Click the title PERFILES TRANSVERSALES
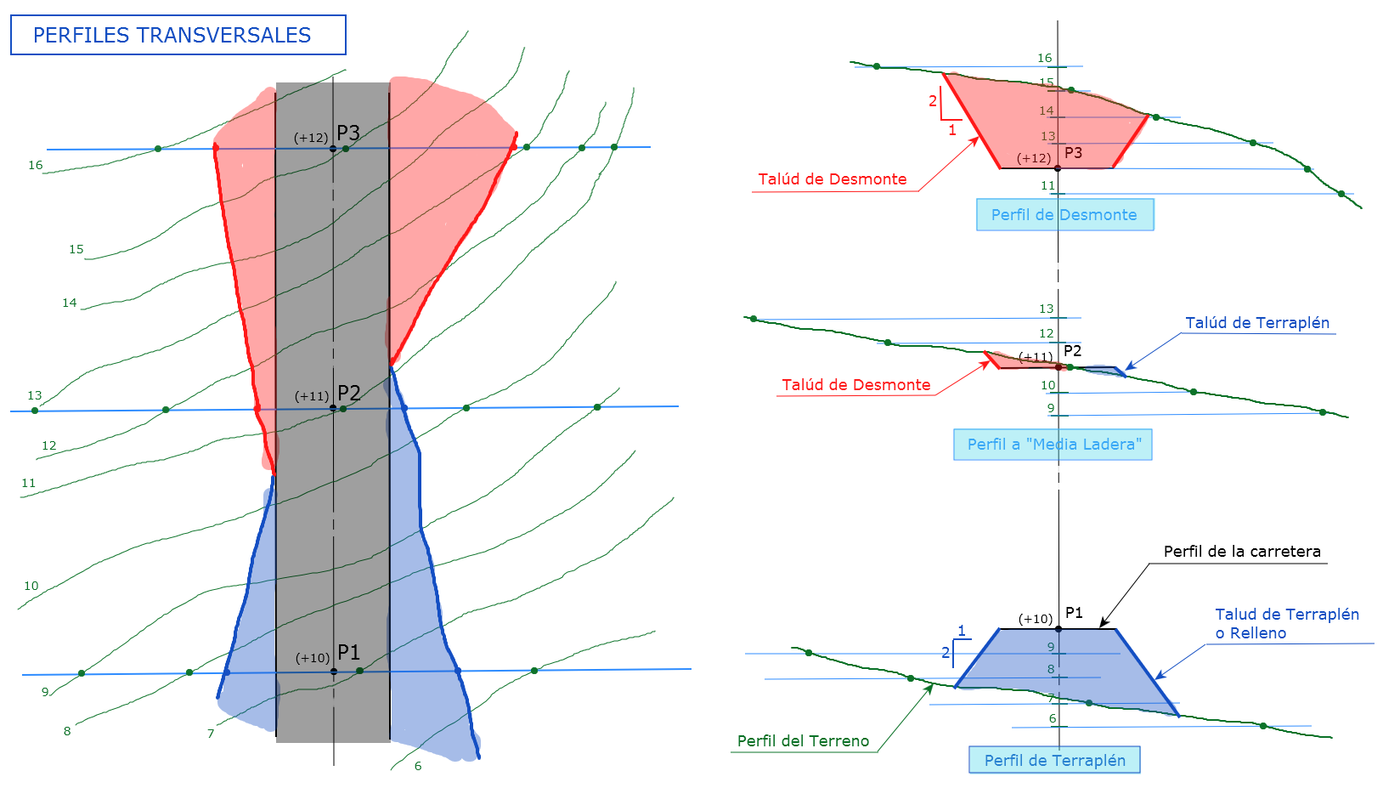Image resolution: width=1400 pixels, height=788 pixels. click(x=172, y=35)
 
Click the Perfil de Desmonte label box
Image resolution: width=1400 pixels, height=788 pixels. click(x=1064, y=215)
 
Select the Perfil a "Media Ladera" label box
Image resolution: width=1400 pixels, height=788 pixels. click(x=1053, y=445)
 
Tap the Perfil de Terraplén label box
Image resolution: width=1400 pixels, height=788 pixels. click(x=1054, y=760)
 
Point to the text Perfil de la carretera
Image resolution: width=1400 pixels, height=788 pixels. click(x=1241, y=552)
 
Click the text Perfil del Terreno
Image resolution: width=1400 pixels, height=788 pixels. click(x=803, y=741)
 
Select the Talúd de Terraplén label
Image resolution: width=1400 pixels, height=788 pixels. click(x=1257, y=323)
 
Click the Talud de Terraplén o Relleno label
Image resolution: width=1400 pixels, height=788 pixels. click(x=1286, y=623)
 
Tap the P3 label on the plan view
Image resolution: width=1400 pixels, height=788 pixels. click(x=348, y=133)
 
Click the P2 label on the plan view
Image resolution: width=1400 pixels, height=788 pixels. click(x=349, y=393)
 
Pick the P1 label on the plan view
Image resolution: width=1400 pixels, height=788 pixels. click(x=349, y=652)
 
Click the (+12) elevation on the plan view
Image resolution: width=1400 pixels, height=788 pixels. click(x=311, y=138)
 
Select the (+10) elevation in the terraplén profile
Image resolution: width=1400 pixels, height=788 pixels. click(x=1036, y=619)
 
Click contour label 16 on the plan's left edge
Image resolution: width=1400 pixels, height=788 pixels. click(x=35, y=165)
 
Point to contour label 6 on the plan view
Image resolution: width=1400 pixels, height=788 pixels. click(x=418, y=766)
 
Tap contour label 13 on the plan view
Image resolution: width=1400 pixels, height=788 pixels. click(x=34, y=395)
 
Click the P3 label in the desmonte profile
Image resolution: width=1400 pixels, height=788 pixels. click(x=1073, y=153)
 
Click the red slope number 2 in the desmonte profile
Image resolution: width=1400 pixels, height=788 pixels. click(x=933, y=101)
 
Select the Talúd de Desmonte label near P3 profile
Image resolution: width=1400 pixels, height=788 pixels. click(x=832, y=179)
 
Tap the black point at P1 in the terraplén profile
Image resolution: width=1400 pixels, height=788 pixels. click(x=1058, y=629)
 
